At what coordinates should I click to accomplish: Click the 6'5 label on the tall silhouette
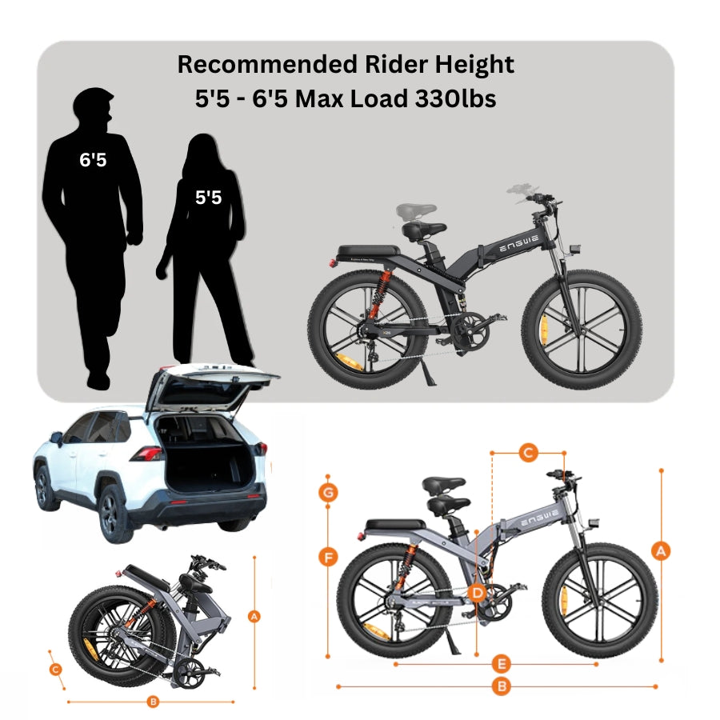click(x=93, y=159)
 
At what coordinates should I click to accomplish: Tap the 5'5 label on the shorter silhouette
click(x=208, y=197)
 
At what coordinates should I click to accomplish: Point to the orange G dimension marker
click(x=327, y=492)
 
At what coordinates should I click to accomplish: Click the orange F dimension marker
click(x=327, y=557)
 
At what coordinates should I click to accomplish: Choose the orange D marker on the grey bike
click(x=477, y=593)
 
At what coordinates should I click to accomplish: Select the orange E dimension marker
click(x=502, y=663)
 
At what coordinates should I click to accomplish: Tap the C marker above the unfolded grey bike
click(x=527, y=453)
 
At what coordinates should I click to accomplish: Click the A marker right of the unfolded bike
click(x=661, y=550)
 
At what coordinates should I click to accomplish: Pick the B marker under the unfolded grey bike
click(x=502, y=686)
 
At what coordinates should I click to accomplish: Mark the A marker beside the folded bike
click(x=254, y=616)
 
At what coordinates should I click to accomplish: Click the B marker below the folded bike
click(x=153, y=702)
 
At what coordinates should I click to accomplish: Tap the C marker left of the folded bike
click(x=55, y=669)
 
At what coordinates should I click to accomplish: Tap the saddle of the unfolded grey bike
click(x=444, y=485)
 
